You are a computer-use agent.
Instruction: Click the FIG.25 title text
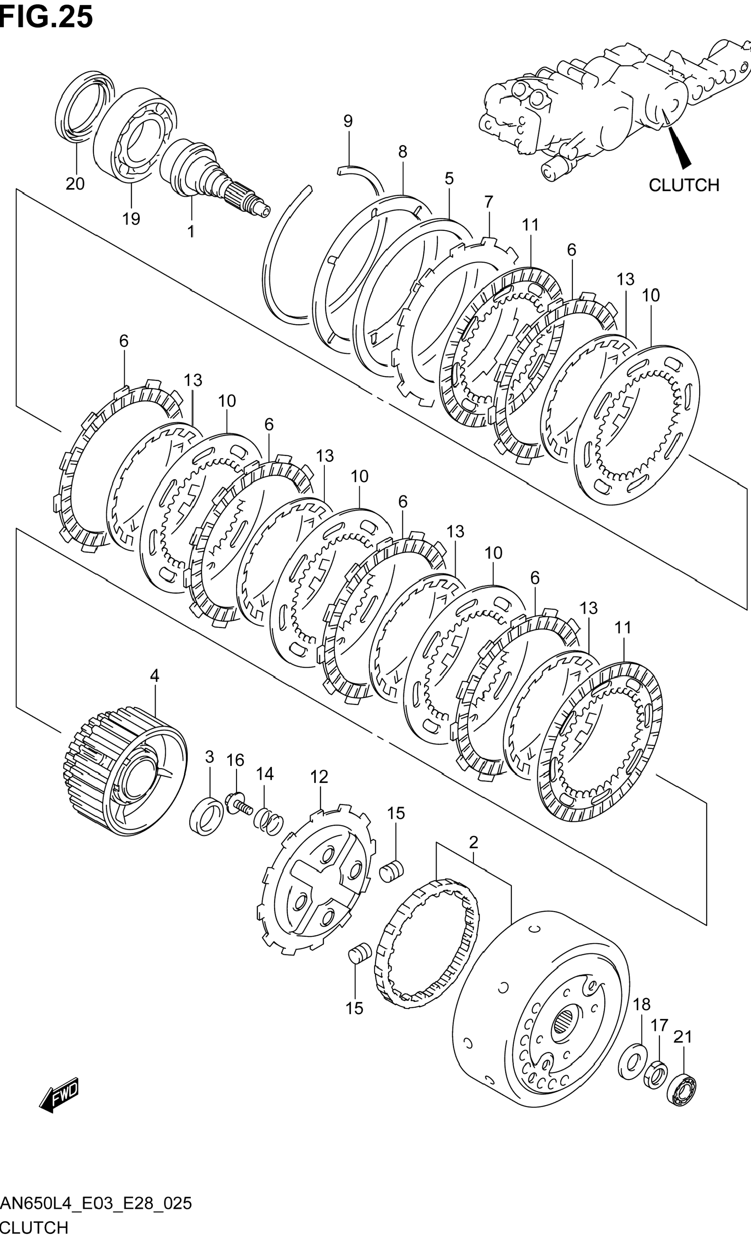46,16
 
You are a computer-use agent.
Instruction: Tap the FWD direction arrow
59,1094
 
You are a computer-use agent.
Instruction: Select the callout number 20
75,184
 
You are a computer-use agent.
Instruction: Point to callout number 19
131,219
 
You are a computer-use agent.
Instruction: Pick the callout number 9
348,121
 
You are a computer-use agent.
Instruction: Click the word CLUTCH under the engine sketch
683,185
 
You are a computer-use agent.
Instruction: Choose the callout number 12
319,777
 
